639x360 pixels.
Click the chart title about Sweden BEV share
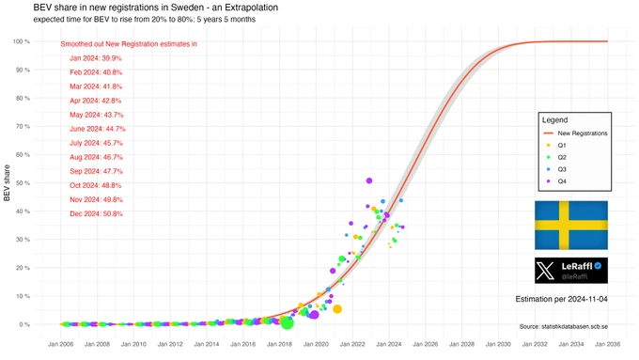[156, 8]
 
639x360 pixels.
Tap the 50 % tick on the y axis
[23, 183]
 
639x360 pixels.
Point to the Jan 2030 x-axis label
[498, 344]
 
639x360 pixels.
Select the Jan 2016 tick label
[242, 344]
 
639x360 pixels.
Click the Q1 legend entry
[556, 145]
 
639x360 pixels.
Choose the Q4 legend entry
[556, 181]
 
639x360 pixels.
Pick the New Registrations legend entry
[575, 133]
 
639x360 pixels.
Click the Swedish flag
[571, 225]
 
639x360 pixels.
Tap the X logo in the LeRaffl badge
[545, 271]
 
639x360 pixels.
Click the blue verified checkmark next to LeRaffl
[598, 266]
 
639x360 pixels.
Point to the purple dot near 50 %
[369, 180]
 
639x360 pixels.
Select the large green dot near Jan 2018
[287, 323]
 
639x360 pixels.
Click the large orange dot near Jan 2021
[337, 309]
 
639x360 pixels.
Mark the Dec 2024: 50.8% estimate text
[96, 213]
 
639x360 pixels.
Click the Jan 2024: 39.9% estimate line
[95, 58]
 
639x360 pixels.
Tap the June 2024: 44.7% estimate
[98, 129]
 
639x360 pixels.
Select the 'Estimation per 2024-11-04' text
[562, 299]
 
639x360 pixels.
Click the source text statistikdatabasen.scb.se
[564, 326]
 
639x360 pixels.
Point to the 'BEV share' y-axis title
[7, 182]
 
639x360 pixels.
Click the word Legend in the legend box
[554, 120]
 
